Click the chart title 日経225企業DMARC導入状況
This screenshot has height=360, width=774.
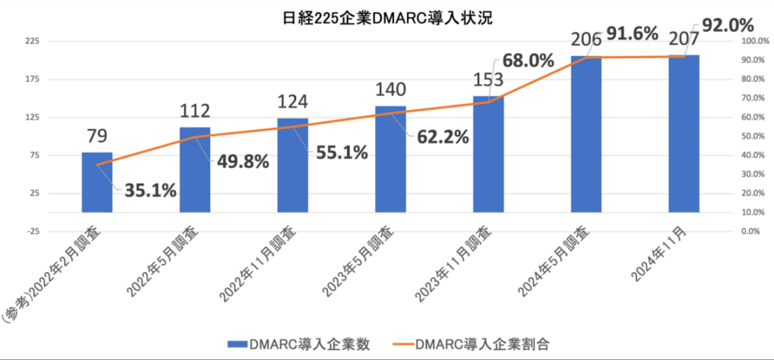[387, 18]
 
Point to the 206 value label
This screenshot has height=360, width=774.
[586, 40]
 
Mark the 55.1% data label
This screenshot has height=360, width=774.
[342, 153]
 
